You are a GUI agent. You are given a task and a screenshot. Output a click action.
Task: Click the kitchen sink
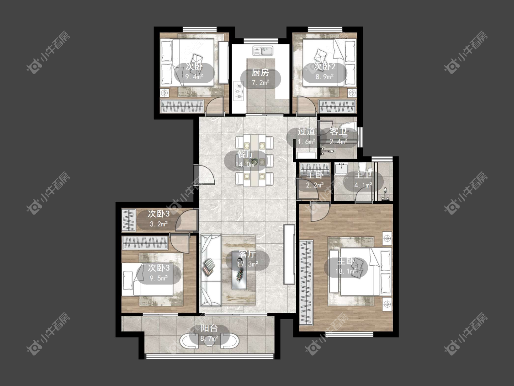[263, 51]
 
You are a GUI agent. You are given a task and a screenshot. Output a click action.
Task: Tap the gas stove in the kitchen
[238, 91]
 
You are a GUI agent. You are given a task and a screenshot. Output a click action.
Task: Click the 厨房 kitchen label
[260, 73]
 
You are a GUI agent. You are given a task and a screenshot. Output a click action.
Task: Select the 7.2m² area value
[260, 82]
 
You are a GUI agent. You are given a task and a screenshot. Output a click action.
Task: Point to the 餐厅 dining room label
[246, 154]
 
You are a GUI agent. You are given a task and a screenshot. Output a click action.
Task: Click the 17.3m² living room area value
[248, 263]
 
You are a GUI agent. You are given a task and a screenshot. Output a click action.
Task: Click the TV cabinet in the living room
[289, 254]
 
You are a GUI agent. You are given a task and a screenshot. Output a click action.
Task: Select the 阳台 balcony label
[209, 328]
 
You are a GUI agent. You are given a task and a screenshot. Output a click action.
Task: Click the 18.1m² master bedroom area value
[346, 272]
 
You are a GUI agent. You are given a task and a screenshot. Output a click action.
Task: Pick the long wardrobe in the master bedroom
[307, 283]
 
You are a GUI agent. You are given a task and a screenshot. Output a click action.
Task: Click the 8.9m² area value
[324, 77]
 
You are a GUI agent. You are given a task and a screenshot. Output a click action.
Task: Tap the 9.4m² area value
[194, 77]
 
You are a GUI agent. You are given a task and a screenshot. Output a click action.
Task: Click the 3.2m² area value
[159, 224]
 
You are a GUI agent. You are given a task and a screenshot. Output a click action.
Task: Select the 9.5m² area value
[159, 279]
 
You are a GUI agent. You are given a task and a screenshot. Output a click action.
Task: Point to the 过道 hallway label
[306, 132]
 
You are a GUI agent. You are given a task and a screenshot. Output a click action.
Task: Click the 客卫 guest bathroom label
[338, 132]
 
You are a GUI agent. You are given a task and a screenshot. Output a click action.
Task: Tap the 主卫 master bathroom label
[363, 175]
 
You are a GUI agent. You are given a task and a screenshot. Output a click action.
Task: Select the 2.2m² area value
[315, 185]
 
